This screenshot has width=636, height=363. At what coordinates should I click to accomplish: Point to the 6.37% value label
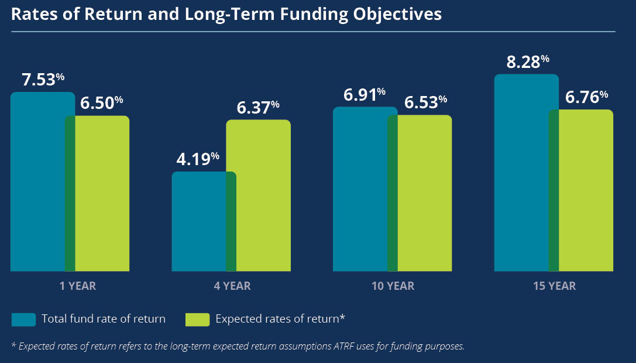point(258,108)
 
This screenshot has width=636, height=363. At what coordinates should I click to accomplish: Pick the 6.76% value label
point(586,98)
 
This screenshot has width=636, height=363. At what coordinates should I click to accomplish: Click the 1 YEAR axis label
point(78,286)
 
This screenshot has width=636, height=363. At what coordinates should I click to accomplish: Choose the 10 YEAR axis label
point(393,286)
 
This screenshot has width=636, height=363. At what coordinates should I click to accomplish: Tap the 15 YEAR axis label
point(554,286)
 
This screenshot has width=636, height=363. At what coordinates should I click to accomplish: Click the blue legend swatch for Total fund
point(23,319)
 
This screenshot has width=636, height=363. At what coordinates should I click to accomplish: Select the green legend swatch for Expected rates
point(197,319)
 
